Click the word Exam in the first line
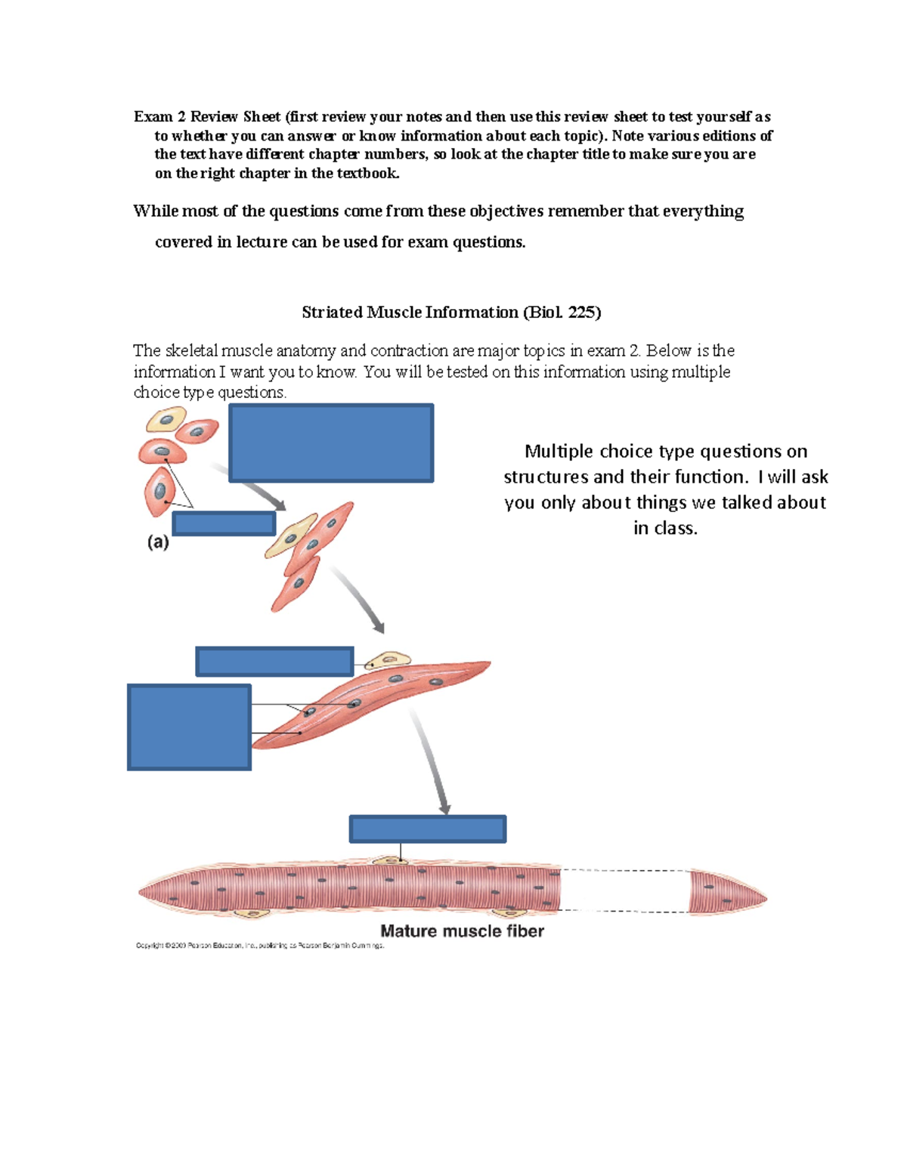point(153,116)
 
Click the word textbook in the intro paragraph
point(367,173)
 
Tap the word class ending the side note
point(676,528)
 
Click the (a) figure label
point(158,542)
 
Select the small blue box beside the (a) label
point(224,523)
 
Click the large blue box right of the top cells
point(331,443)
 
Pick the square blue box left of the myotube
point(189,727)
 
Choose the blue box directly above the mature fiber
point(427,829)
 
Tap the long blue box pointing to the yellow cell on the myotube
point(274,661)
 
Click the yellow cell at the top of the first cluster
point(166,419)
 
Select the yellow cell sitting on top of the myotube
point(387,660)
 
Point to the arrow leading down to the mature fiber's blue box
point(431,763)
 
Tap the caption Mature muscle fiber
point(462,931)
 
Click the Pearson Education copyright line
point(260,946)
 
